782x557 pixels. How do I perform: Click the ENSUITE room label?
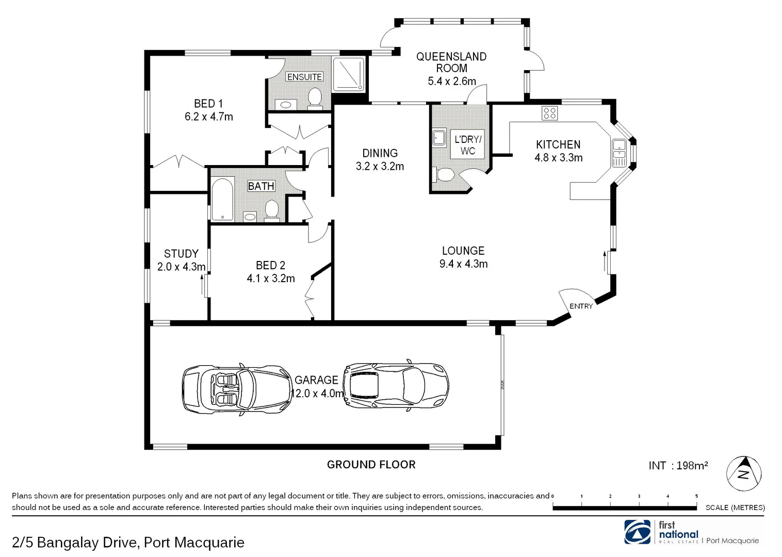pyautogui.click(x=304, y=77)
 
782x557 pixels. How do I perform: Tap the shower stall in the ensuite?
pyautogui.click(x=348, y=74)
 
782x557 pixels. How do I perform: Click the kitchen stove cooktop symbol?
pyautogui.click(x=549, y=113)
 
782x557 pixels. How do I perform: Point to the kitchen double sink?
pyautogui.click(x=618, y=153)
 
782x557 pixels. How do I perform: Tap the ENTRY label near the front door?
pyautogui.click(x=581, y=306)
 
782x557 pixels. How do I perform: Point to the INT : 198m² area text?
pyautogui.click(x=678, y=466)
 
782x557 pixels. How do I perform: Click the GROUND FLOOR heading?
pyautogui.click(x=371, y=465)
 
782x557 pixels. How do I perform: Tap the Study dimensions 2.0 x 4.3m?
pyautogui.click(x=181, y=267)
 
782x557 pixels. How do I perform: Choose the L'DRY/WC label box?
pyautogui.click(x=468, y=145)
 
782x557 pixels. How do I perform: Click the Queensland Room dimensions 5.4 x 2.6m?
pyautogui.click(x=451, y=81)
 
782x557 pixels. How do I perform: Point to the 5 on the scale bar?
pyautogui.click(x=696, y=496)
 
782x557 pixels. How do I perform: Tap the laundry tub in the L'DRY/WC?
pyautogui.click(x=439, y=138)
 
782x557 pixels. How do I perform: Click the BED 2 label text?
pyautogui.click(x=270, y=265)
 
